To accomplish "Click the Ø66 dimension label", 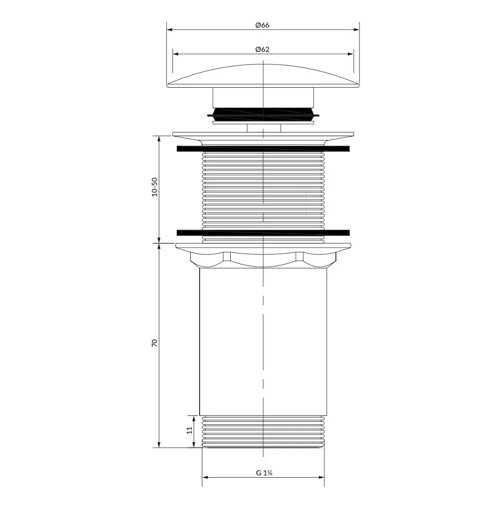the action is click(x=262, y=25).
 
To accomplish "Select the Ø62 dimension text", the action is click(x=262, y=49).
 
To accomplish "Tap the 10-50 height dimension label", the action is click(x=155, y=187).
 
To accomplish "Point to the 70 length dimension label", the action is click(x=155, y=343).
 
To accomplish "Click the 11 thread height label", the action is click(x=189, y=430).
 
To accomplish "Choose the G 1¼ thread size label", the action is click(x=264, y=473).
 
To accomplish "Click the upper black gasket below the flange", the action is click(x=263, y=149).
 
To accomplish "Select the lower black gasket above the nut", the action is click(x=263, y=233).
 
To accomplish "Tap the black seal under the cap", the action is click(x=263, y=114).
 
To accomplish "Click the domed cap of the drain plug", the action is click(x=263, y=77).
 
